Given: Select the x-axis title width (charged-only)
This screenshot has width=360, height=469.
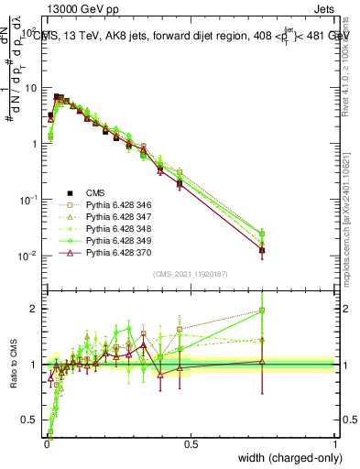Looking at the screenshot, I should pos(289,459).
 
